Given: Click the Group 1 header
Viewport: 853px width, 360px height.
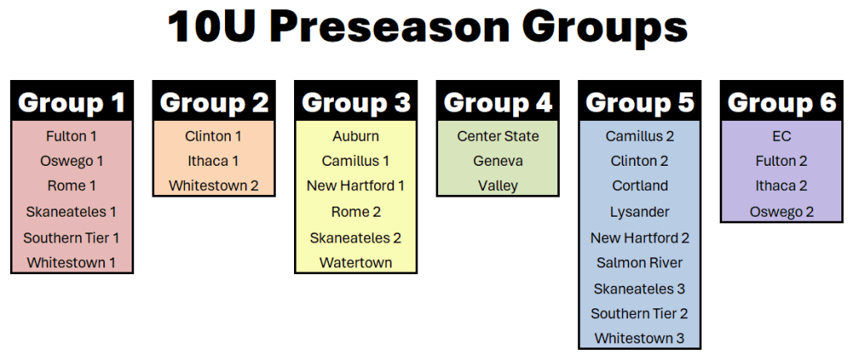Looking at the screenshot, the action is [x=72, y=102].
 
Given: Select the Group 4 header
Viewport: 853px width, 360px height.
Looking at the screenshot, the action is [x=498, y=102].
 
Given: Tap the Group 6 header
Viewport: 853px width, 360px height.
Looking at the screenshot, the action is [x=781, y=102].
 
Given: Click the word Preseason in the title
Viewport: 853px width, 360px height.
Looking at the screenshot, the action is [x=392, y=27].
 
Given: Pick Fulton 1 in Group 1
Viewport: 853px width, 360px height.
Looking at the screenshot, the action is [x=72, y=136].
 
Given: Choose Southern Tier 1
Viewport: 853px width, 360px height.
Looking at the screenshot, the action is [x=72, y=237].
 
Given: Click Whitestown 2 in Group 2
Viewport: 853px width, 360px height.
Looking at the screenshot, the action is [x=214, y=186].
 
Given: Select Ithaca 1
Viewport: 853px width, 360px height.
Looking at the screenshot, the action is [x=214, y=161].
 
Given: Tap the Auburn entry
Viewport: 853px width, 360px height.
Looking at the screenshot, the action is [x=356, y=136].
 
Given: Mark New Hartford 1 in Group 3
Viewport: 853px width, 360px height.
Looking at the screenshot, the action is [x=356, y=186].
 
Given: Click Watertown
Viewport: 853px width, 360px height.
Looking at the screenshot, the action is [x=356, y=262].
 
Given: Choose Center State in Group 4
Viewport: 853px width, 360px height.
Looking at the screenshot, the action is [x=498, y=136].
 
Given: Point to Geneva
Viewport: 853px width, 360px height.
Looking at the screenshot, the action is [x=498, y=161].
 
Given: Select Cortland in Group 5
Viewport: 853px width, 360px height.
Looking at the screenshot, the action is [x=640, y=186].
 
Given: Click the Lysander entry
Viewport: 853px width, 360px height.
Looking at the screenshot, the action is [x=640, y=212].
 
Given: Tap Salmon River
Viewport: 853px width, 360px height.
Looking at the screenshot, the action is [x=640, y=262].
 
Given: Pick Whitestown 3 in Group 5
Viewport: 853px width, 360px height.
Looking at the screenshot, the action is [x=640, y=338].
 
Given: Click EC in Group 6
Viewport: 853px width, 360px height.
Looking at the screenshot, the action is [x=781, y=136].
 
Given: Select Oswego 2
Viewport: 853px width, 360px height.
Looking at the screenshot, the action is [x=781, y=212].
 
